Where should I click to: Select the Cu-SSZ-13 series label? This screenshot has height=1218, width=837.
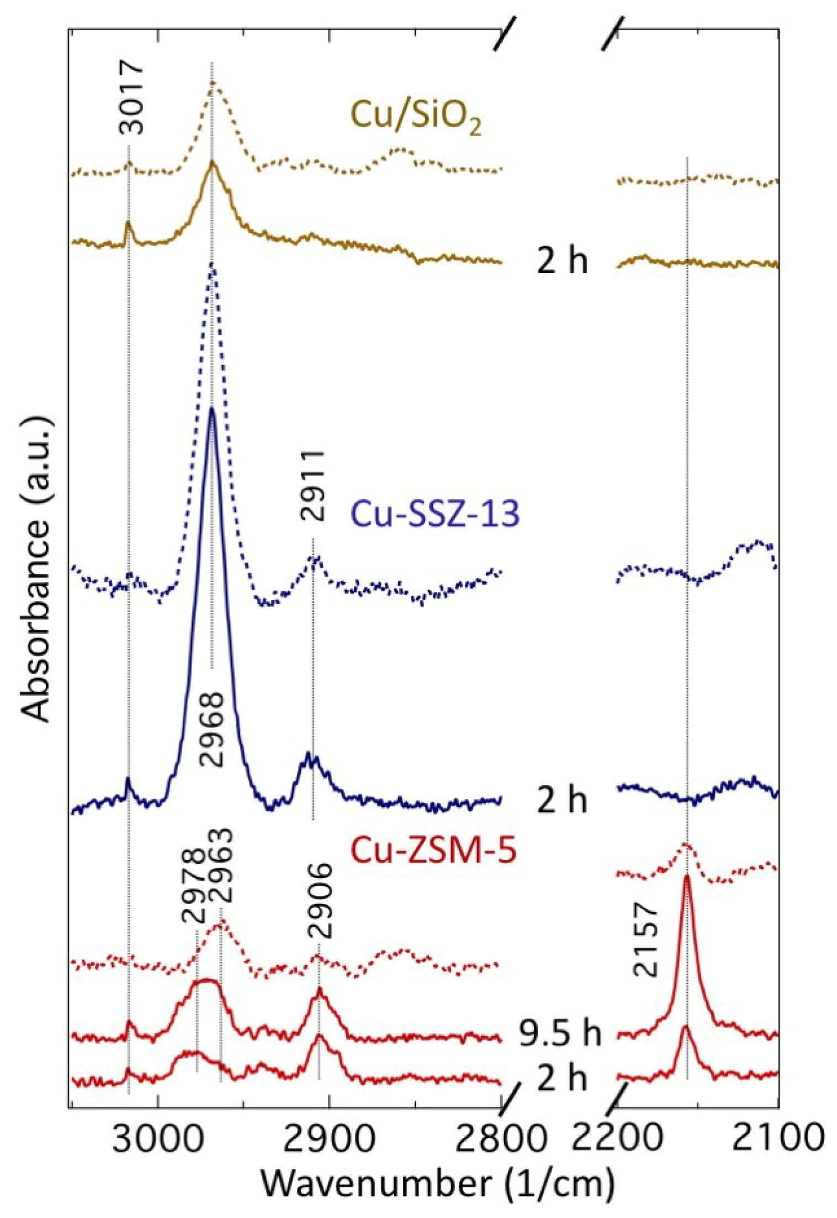click(435, 514)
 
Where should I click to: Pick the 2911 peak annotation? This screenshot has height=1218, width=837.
click(313, 485)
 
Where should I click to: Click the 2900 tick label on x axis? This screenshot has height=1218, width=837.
click(330, 1138)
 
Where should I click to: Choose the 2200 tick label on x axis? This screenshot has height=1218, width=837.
click(617, 1138)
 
